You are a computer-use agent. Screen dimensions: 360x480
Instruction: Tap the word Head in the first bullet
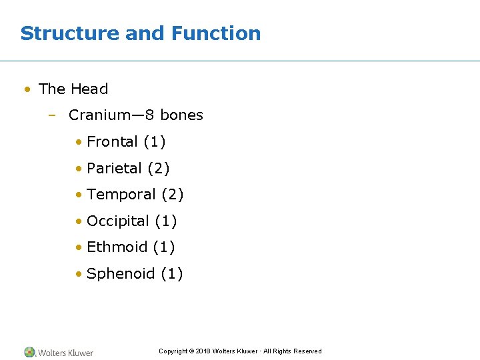[89, 89]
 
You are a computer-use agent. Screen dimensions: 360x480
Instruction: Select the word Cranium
[101, 115]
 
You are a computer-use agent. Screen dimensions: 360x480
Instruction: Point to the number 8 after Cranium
[150, 115]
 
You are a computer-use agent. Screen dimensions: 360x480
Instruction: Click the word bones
[181, 115]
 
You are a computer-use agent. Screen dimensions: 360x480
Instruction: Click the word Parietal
[114, 168]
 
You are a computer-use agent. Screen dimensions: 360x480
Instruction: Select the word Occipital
[118, 221]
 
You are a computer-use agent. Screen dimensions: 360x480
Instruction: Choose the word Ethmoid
[117, 247]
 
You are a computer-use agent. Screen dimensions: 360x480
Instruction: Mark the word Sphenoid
[121, 273]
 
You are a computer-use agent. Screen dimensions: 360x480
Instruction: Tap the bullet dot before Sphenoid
[79, 273]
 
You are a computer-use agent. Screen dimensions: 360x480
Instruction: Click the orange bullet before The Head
[27, 89]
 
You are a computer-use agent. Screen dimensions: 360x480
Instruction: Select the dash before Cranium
[51, 115]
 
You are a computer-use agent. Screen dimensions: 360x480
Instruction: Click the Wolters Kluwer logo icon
[30, 352]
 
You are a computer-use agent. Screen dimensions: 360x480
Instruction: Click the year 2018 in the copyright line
[203, 351]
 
